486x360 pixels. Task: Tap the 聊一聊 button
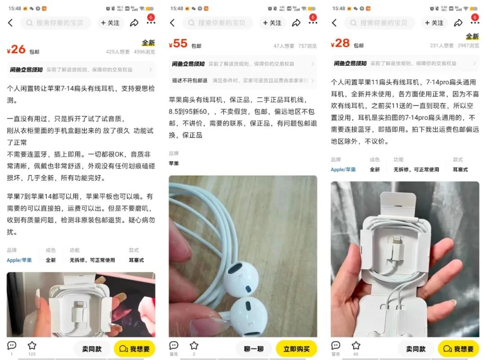[254, 349]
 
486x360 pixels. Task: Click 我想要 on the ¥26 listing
[135, 349]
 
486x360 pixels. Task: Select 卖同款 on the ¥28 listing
[416, 349]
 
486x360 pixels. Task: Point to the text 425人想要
[118, 52]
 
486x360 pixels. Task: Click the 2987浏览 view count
[468, 45]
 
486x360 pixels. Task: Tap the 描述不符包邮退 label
[189, 81]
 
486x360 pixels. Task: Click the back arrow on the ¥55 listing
[172, 23]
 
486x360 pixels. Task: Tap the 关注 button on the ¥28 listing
[434, 23]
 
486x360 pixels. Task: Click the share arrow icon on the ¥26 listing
[134, 23]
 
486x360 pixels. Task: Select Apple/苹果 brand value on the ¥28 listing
[343, 170]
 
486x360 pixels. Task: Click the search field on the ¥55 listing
[218, 23]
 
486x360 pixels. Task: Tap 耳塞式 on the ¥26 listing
[136, 260]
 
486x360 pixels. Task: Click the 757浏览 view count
[307, 45]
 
